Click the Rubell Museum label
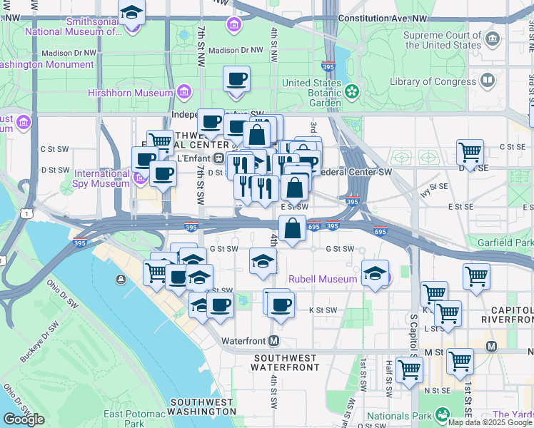[x=322, y=279]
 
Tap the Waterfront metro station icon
[x=274, y=341]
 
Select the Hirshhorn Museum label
[x=130, y=93]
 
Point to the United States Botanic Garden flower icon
[x=351, y=91]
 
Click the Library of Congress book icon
[x=488, y=81]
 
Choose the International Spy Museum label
[x=103, y=178]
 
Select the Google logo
[x=24, y=419]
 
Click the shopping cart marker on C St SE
[x=470, y=151]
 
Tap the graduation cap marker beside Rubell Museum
[x=375, y=273]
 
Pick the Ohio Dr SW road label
[x=63, y=293]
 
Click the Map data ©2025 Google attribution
[x=490, y=422]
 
